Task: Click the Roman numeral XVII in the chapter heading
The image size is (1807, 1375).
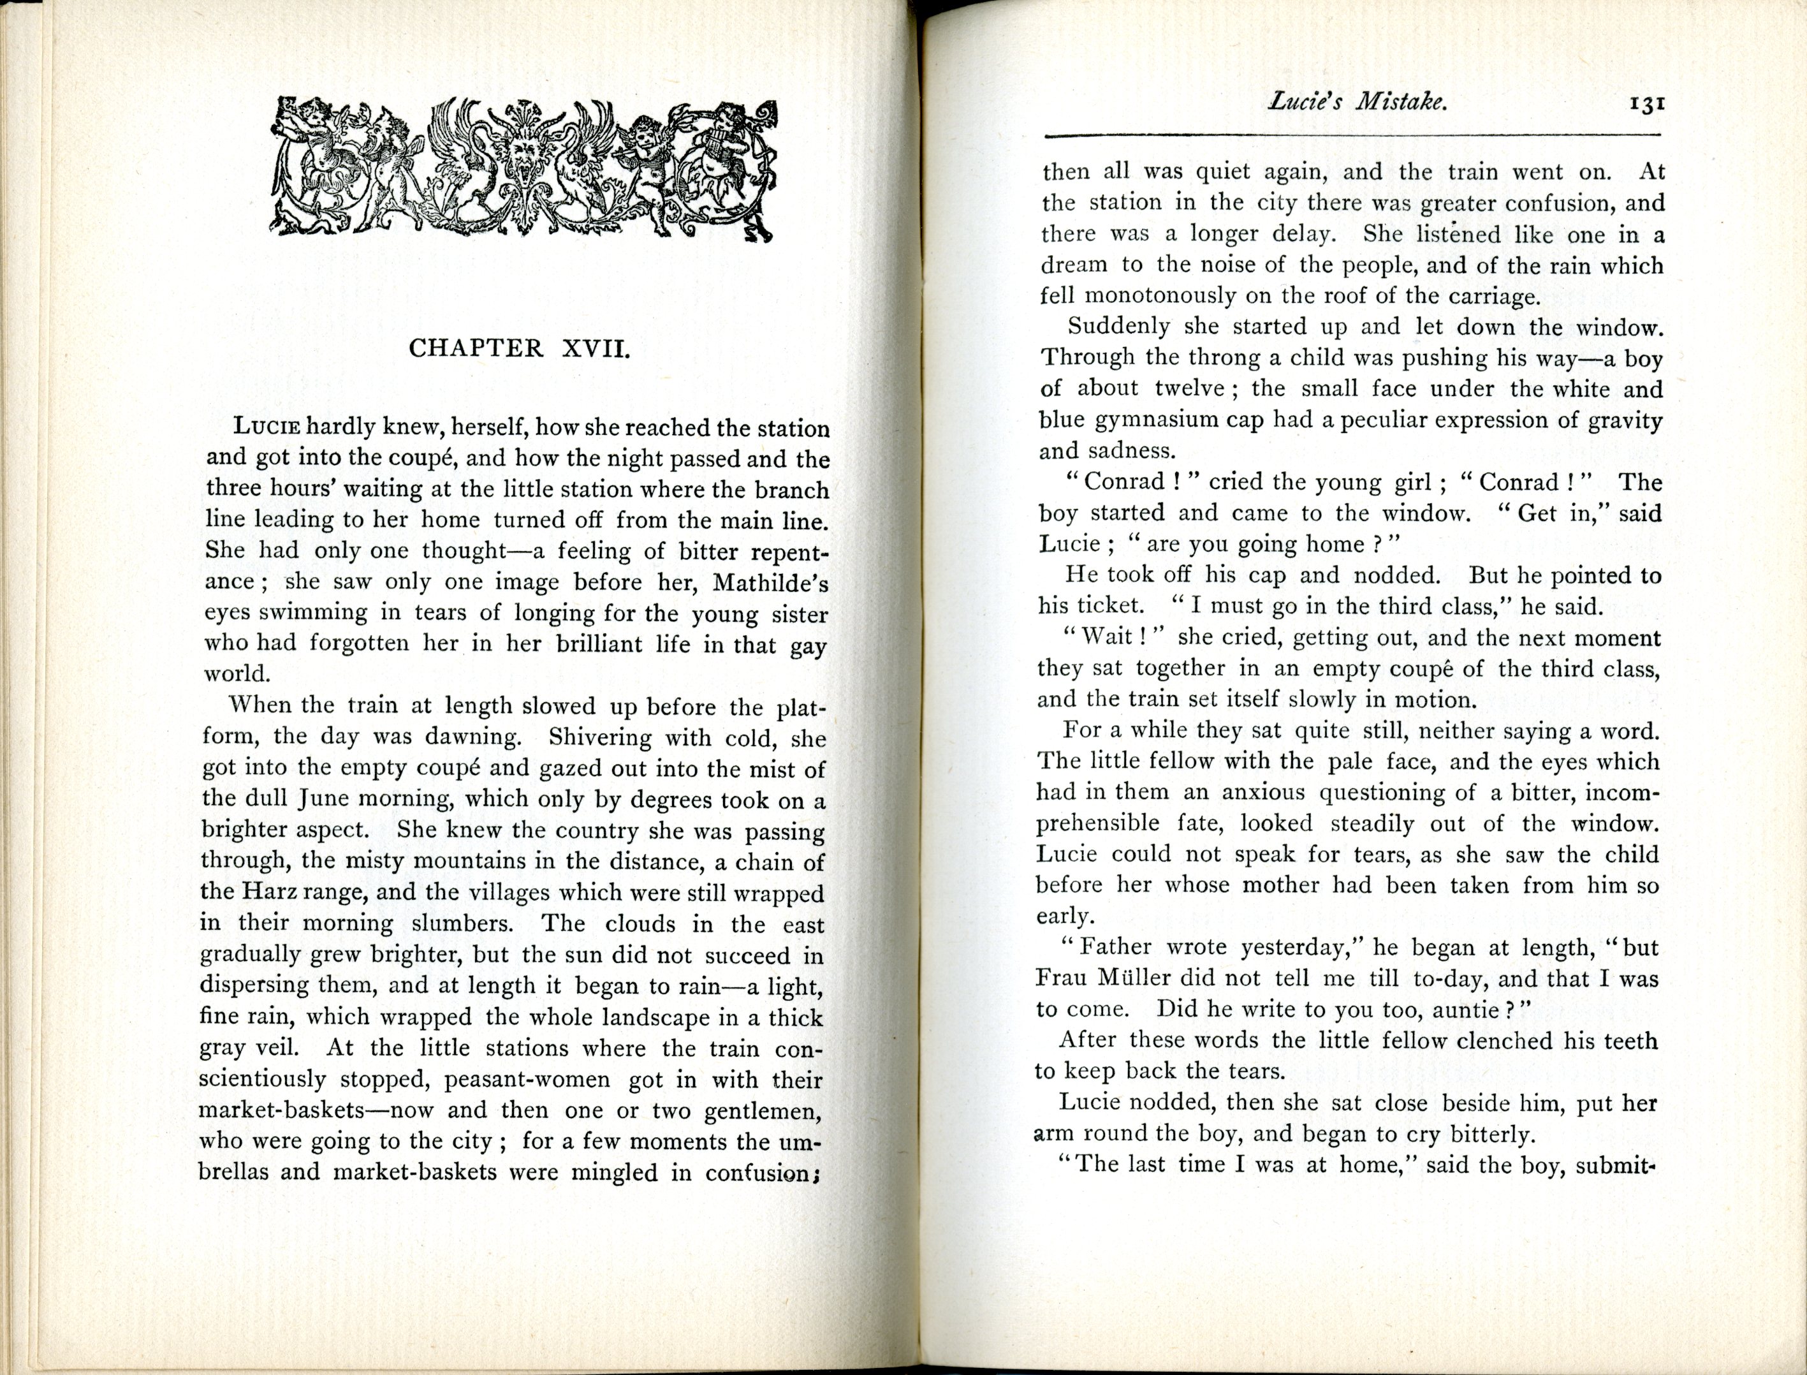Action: tap(595, 349)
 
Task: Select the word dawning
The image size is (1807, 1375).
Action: tap(472, 736)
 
